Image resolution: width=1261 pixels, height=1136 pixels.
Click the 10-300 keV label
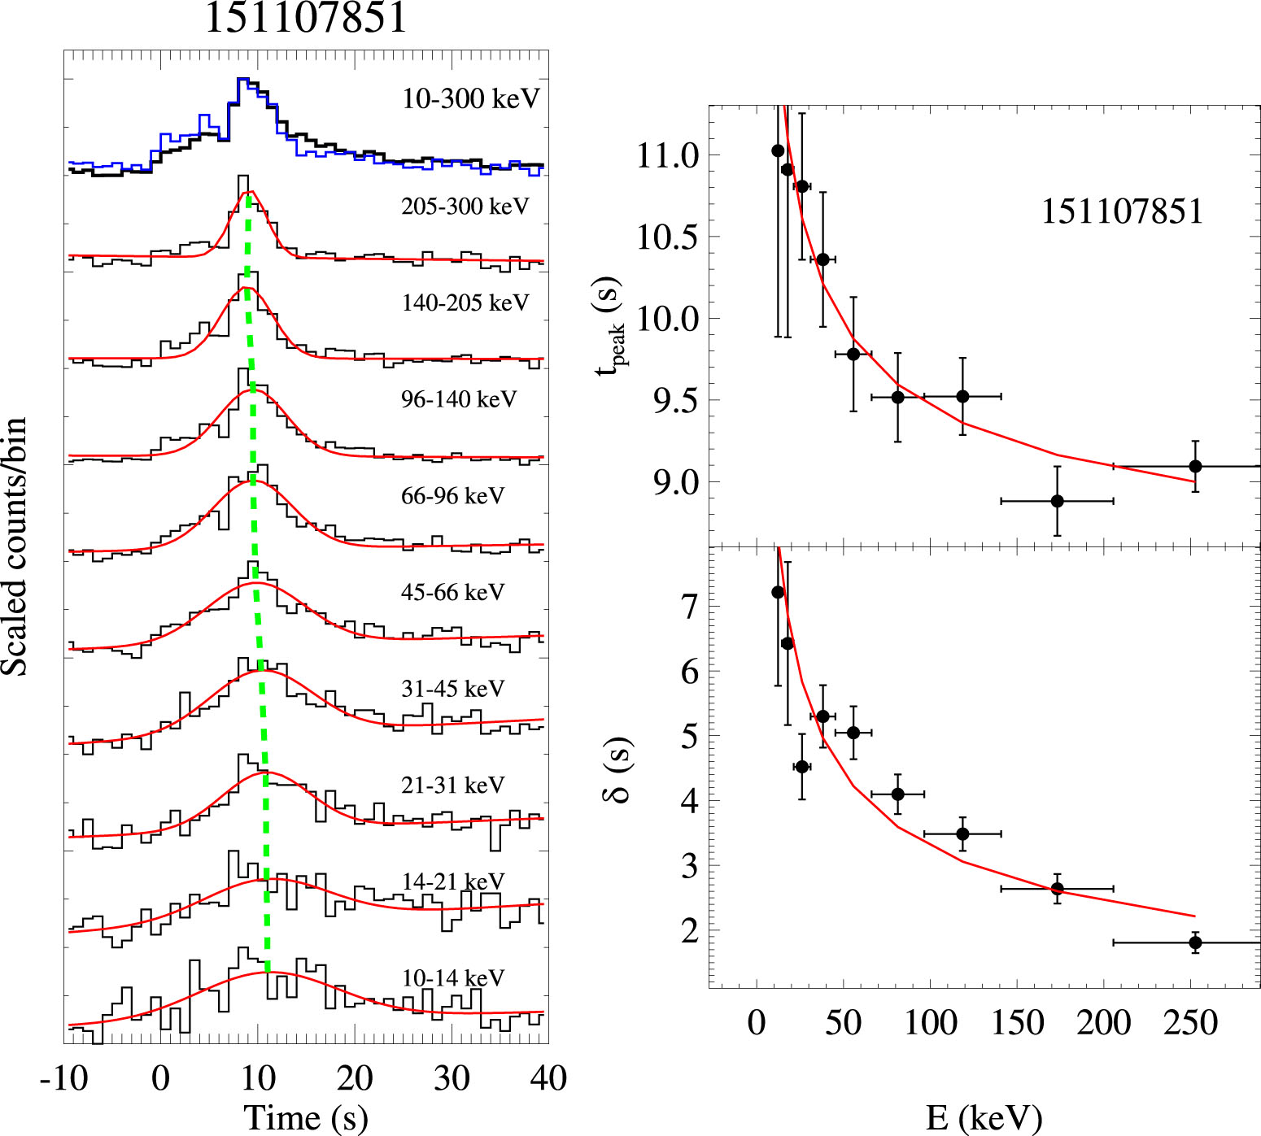click(x=470, y=99)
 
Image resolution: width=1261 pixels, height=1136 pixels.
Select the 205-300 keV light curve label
click(x=465, y=207)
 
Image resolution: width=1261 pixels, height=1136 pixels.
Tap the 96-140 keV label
click(x=459, y=399)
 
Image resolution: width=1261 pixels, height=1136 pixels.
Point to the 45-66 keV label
click(x=452, y=592)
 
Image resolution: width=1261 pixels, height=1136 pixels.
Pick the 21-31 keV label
click(x=452, y=785)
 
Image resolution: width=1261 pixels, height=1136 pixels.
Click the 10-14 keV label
click(x=452, y=977)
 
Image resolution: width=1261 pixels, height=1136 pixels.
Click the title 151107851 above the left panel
click(x=306, y=18)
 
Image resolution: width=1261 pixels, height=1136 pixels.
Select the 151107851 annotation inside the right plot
click(x=1122, y=212)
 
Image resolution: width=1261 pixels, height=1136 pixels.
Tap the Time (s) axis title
click(x=306, y=1117)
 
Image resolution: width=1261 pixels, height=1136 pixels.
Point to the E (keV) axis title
click(x=984, y=1118)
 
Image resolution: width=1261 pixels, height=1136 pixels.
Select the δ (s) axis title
click(x=617, y=769)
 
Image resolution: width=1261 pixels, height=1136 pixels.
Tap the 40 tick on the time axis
click(x=548, y=1078)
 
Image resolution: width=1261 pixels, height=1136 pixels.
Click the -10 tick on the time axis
click(x=64, y=1078)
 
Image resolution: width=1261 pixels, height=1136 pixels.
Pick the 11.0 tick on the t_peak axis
click(x=667, y=155)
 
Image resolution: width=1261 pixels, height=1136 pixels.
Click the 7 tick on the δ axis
click(x=690, y=606)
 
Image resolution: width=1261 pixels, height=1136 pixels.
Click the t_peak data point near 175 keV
click(x=1057, y=501)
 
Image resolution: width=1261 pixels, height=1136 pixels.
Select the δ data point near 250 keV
click(x=1195, y=942)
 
